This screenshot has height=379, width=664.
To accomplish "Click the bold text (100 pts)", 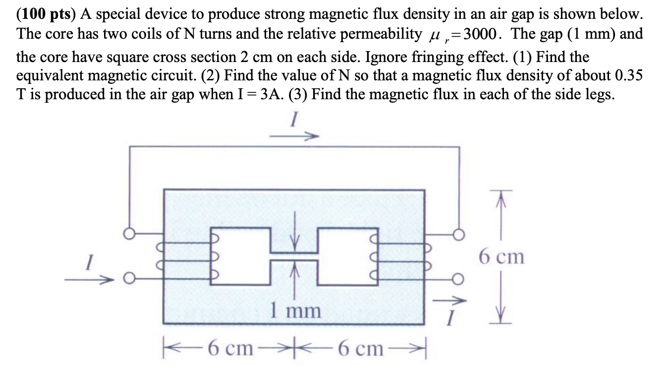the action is [x=44, y=14].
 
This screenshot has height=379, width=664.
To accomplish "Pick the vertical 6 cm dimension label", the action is [x=501, y=256].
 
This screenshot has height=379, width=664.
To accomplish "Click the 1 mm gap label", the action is [x=295, y=311].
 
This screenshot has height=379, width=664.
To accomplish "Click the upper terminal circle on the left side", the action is [x=129, y=234].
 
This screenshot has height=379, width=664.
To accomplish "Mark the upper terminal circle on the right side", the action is [x=459, y=234].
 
